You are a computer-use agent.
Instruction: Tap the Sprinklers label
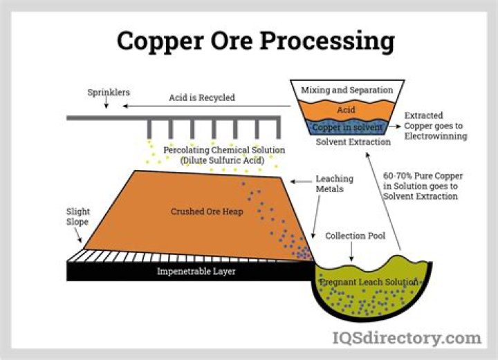[109, 92]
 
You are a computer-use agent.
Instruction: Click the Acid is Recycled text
[202, 97]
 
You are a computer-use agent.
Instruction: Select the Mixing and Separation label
[347, 91]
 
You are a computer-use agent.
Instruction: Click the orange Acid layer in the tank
[346, 111]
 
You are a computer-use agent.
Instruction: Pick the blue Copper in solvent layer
[347, 128]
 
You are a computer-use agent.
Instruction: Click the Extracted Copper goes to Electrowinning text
[435, 126]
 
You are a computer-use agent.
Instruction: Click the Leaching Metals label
[334, 184]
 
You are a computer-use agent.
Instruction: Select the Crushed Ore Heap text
[207, 211]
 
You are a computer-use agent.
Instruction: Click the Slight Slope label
[78, 217]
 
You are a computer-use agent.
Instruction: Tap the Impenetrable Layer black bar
[196, 272]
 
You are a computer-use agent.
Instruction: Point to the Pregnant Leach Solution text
[369, 282]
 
